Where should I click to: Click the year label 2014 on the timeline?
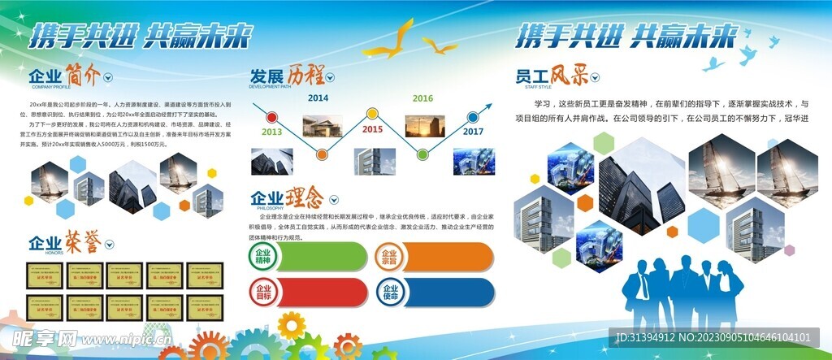[x=318, y=98]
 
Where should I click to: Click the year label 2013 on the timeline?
[x=271, y=132]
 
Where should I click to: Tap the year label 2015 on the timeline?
[x=372, y=129]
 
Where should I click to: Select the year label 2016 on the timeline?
[x=422, y=98]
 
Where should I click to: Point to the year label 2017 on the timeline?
[x=473, y=131]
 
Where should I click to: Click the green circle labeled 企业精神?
[x=264, y=257]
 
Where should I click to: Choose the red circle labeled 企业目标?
[x=264, y=293]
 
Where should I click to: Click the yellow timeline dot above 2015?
[x=372, y=113]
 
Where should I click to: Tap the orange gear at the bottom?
[x=349, y=346]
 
